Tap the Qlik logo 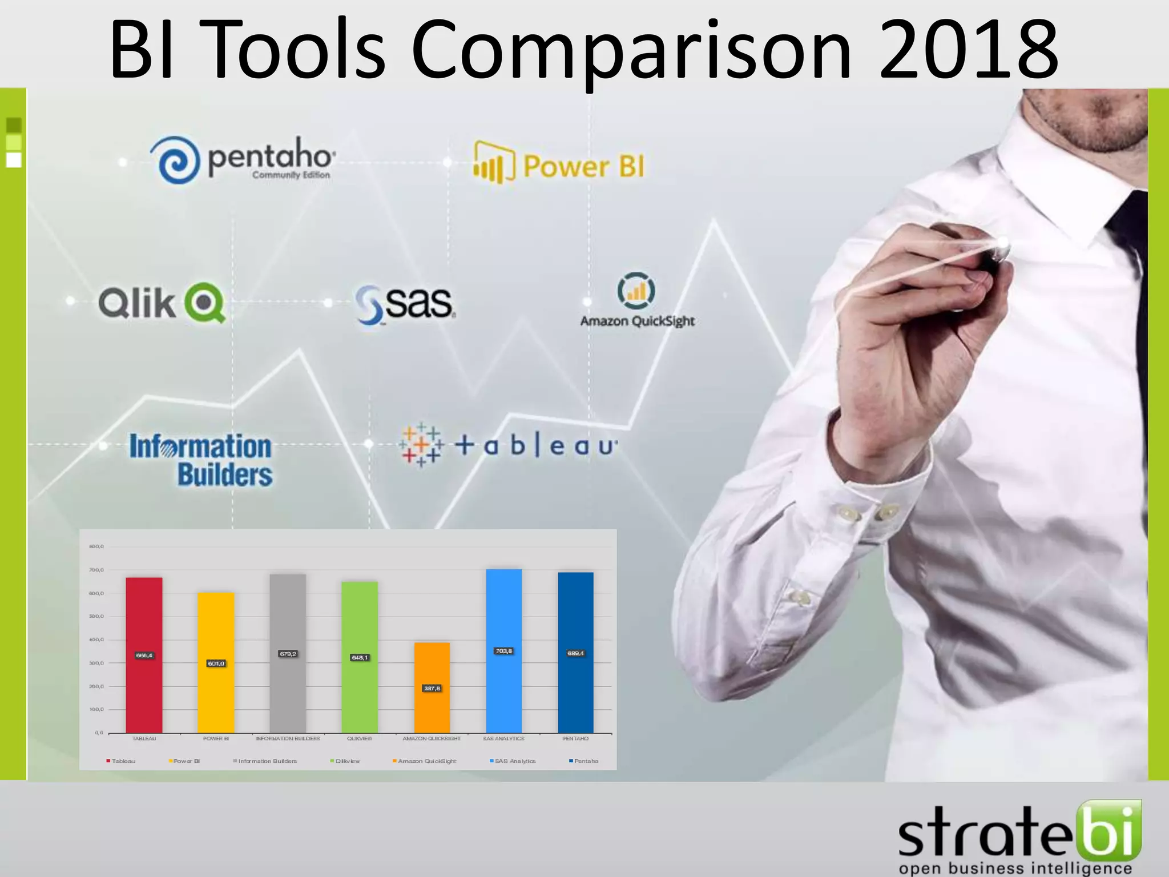(162, 303)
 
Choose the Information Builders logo (201, 460)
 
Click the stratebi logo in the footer (1019, 836)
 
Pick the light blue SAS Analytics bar (504, 685)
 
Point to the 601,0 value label (216, 663)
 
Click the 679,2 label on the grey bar (288, 654)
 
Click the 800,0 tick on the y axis (96, 547)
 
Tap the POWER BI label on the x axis (216, 739)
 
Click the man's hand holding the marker (919, 297)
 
